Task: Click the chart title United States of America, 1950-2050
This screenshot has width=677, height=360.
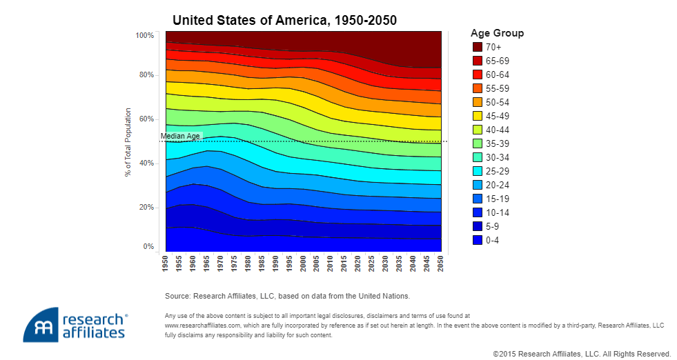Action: (284, 20)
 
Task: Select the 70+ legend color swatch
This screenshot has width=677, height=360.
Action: (477, 47)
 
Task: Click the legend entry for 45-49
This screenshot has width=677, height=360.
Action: (497, 116)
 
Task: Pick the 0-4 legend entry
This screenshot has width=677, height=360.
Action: (493, 240)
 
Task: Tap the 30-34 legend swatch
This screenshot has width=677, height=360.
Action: (477, 157)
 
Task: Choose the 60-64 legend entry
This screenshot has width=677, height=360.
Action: (497, 74)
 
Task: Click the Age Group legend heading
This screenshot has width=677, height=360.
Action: (497, 33)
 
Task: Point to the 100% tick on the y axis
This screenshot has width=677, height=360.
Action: (145, 35)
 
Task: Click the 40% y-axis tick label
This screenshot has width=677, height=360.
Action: (147, 163)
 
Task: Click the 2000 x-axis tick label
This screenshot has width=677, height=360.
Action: (303, 263)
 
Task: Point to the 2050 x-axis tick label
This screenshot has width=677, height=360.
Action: (440, 263)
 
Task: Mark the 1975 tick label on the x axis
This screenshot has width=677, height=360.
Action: (235, 263)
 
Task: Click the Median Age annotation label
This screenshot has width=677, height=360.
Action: (180, 137)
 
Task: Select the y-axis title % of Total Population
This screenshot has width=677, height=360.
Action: (128, 141)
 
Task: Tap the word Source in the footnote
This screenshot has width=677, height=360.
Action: (177, 296)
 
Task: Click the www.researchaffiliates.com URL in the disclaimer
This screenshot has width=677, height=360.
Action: (202, 323)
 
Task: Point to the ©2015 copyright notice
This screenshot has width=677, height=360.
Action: (582, 354)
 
